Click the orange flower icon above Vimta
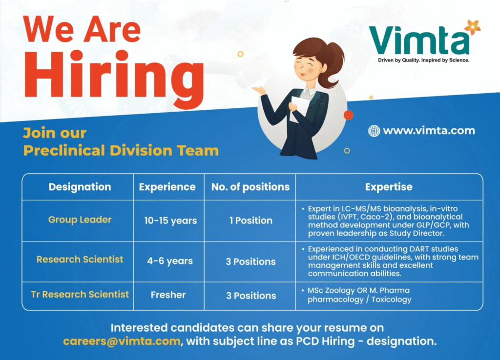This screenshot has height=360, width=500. coord(472,27)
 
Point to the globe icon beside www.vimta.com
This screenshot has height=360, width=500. coord(374,131)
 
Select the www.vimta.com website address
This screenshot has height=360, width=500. coord(429,131)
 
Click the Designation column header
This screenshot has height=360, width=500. coord(80,187)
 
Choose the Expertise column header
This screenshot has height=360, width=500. coord(389,187)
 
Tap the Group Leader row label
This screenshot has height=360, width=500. coord(80,220)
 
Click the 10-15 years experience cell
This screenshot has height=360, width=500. coord(170,220)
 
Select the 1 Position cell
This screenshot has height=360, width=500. coord(250,220)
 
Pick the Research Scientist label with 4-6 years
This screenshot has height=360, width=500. coord(80,260)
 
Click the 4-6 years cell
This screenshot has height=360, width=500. coord(170,261)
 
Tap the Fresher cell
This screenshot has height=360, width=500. coord(168,295)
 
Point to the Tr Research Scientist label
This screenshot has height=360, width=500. coord(80,294)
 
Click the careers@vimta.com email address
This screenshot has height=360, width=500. coord(122,341)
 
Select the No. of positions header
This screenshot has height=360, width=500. coord(250,187)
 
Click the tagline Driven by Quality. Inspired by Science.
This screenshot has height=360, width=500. coord(423,60)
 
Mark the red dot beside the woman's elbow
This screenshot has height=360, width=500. coord(348,115)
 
